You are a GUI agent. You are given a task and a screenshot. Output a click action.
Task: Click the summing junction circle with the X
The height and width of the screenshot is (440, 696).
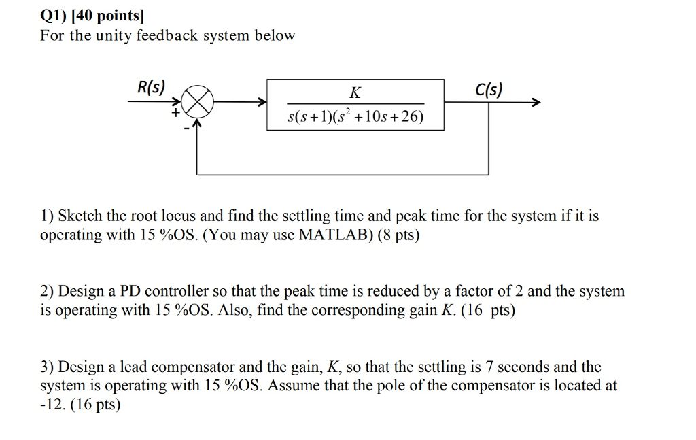click(198, 104)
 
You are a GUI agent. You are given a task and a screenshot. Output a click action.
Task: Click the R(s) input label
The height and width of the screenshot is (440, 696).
click(151, 87)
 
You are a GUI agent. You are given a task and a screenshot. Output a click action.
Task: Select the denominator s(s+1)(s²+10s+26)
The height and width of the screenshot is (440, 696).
click(355, 118)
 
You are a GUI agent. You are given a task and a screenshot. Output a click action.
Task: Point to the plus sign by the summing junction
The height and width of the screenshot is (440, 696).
click(176, 114)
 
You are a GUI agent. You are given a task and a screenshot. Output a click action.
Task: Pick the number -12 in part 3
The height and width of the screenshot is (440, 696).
click(50, 405)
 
